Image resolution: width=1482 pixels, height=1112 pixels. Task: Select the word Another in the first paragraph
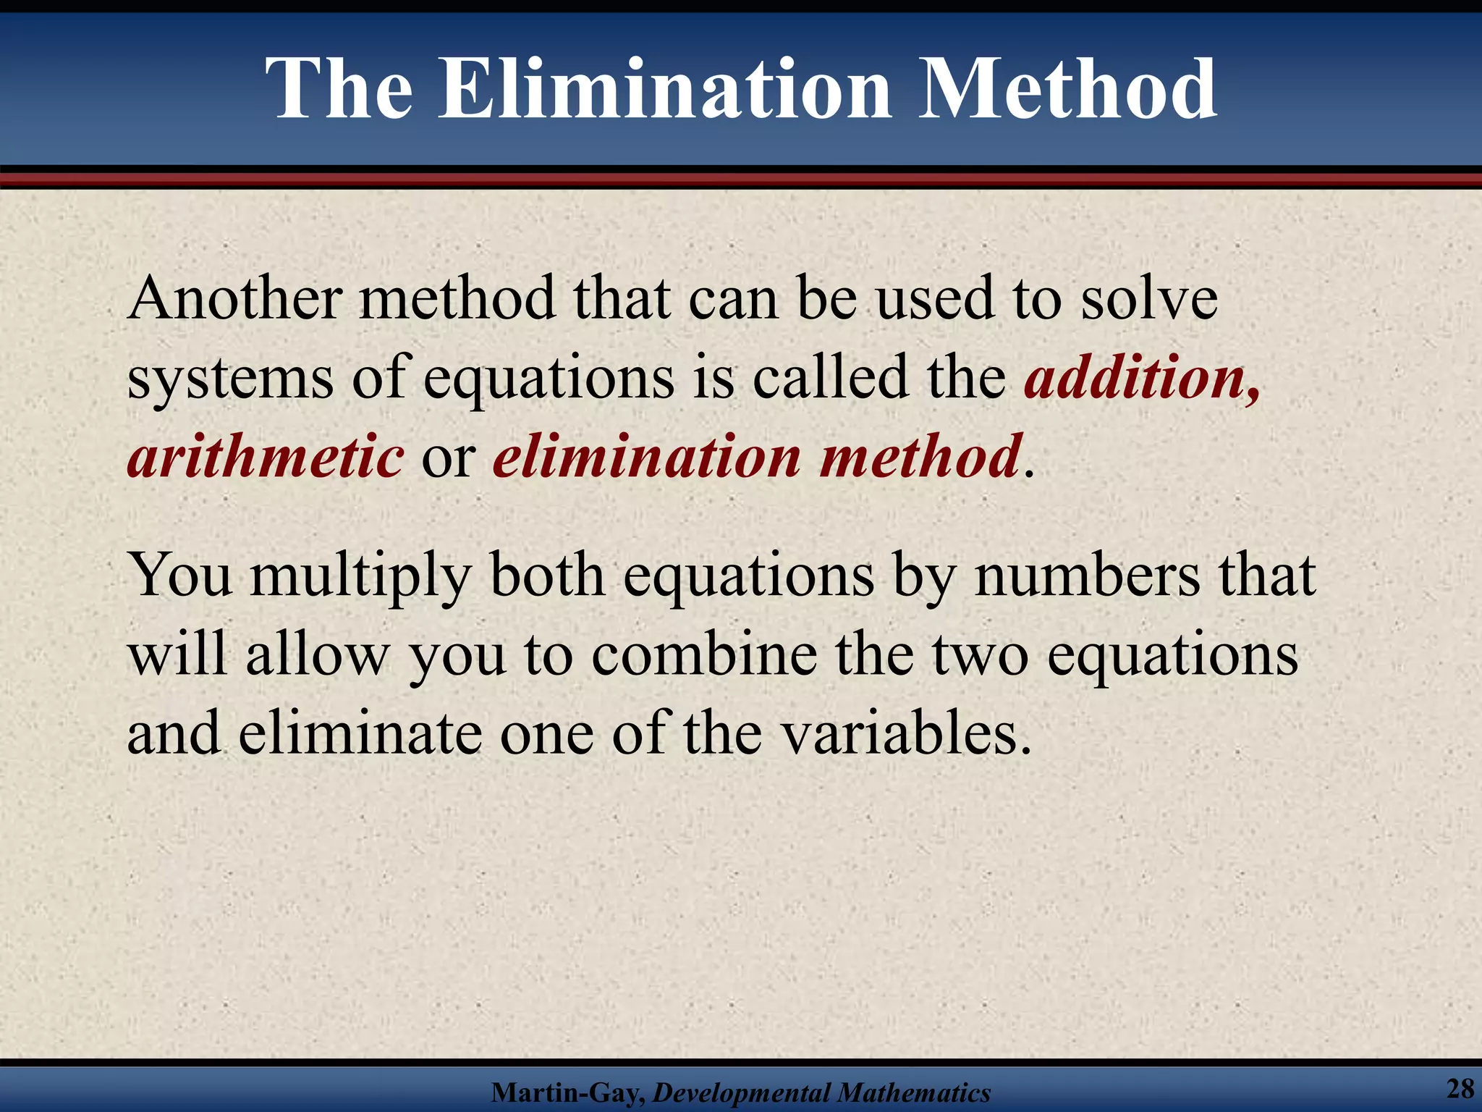point(234,298)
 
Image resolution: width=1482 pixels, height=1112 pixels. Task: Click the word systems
point(230,379)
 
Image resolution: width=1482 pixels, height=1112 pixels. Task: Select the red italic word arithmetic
point(265,458)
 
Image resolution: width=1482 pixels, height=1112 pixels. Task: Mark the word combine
point(704,655)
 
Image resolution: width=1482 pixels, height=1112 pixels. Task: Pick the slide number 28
point(1460,1088)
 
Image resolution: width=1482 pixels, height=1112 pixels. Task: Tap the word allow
point(316,655)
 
